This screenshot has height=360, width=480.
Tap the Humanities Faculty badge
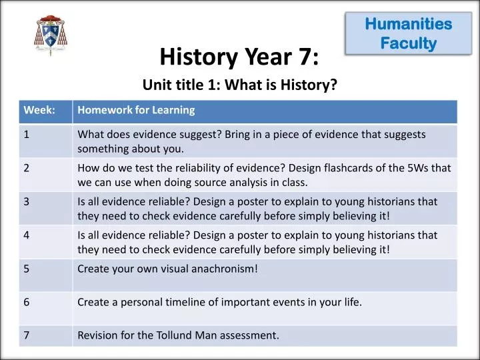pos(409,34)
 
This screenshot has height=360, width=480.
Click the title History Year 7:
pos(239,58)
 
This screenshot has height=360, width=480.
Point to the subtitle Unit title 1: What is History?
pos(240,85)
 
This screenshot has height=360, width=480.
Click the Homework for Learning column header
pos(136,110)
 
